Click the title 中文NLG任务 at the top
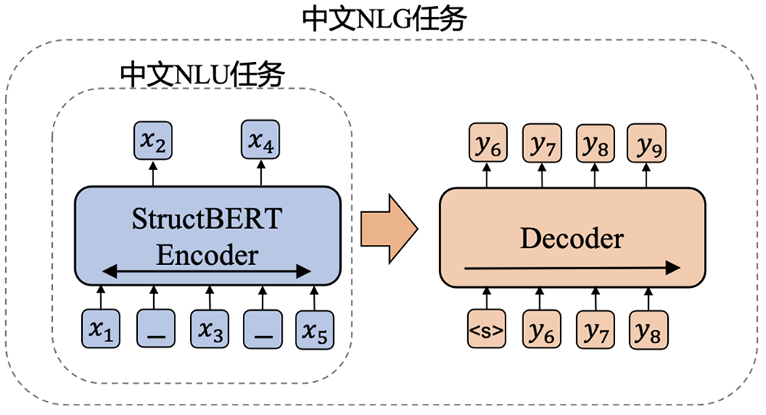384,18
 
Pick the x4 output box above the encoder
261,140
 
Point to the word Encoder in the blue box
207,253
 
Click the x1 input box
101,330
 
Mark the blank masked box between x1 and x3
155,330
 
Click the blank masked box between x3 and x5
261,330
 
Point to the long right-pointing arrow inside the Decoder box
571,267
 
